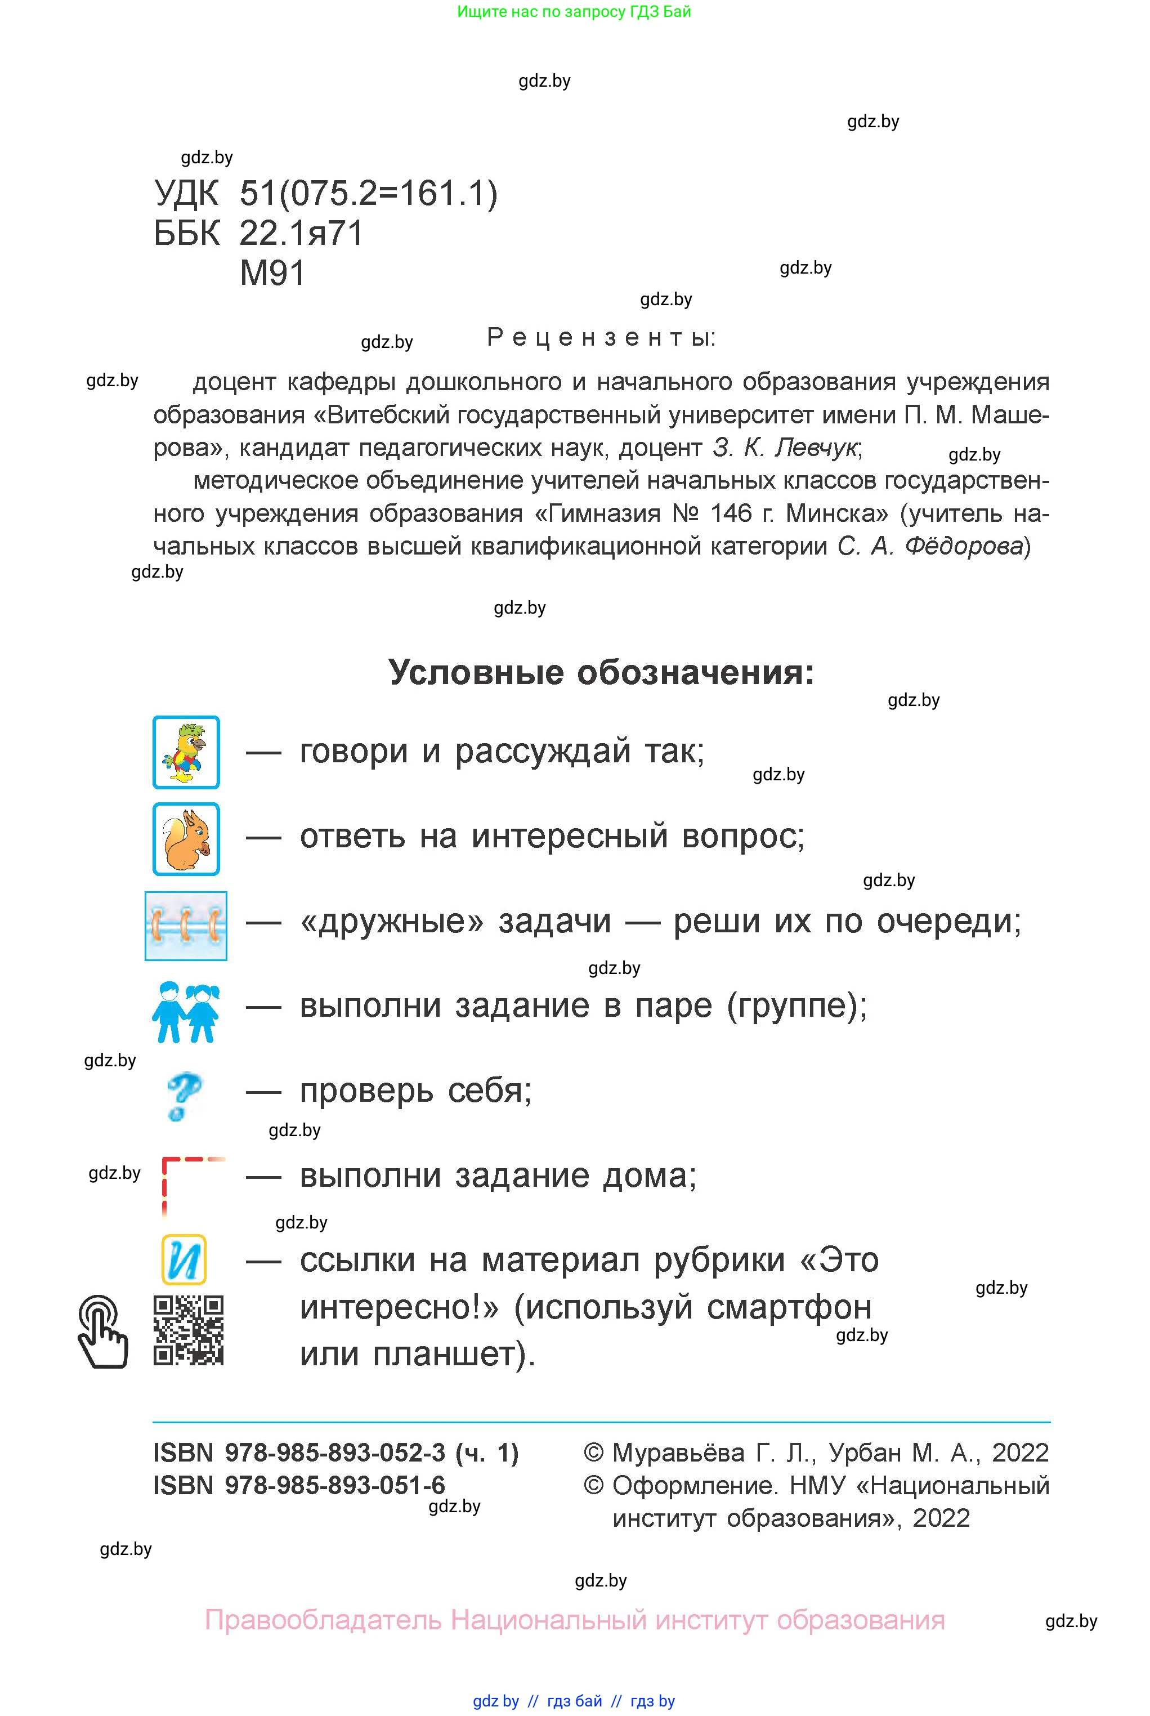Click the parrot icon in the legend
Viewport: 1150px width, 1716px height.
tap(186, 752)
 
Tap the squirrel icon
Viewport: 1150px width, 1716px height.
tap(186, 838)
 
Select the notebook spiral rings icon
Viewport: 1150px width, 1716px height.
tap(186, 926)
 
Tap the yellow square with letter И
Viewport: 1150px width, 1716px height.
tap(184, 1260)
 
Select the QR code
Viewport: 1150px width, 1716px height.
tap(188, 1330)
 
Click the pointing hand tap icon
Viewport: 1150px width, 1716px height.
tap(102, 1331)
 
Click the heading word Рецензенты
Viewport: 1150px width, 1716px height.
tap(601, 337)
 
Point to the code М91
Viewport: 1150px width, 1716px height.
tap(272, 274)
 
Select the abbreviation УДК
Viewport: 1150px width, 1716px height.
tap(186, 194)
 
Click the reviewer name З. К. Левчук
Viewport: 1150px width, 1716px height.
tap(784, 448)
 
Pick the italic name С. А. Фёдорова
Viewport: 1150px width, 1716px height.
tap(929, 546)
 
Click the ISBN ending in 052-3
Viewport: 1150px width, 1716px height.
tap(335, 1452)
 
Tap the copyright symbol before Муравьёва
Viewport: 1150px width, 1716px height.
tap(593, 1453)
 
